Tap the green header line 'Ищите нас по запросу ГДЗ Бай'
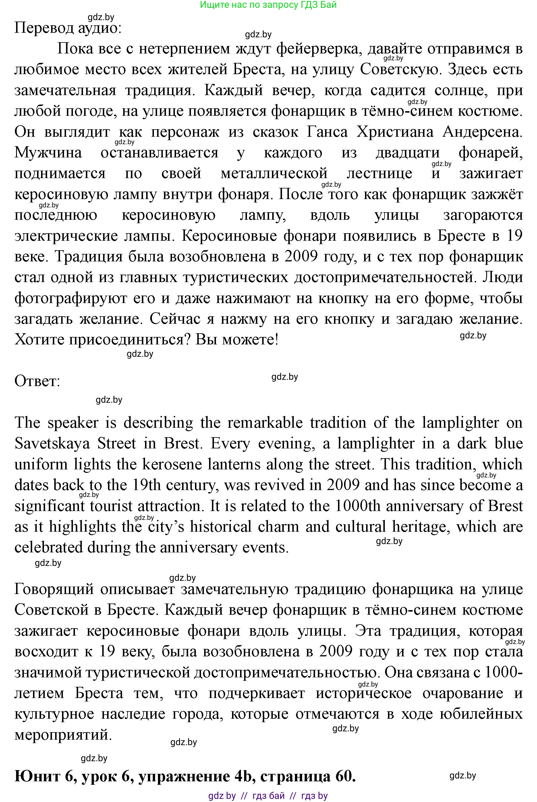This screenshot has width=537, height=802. click(268, 5)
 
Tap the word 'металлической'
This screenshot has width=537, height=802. click(274, 173)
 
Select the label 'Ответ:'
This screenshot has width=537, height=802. click(37, 381)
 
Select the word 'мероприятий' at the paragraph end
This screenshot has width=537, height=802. click(63, 734)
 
